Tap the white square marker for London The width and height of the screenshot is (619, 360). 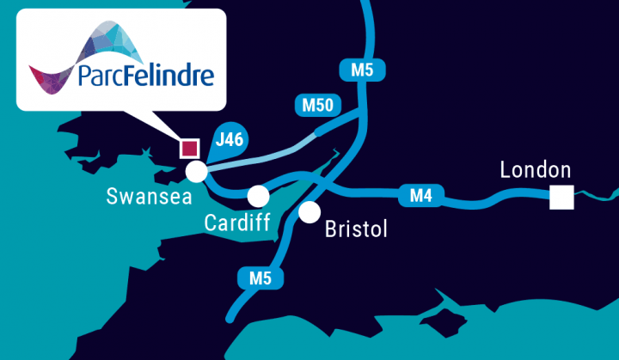pyautogui.click(x=561, y=198)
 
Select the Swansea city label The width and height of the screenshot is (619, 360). pyautogui.click(x=143, y=196)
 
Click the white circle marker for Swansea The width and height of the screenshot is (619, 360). pyautogui.click(x=196, y=172)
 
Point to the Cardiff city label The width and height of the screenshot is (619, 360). pyautogui.click(x=238, y=223)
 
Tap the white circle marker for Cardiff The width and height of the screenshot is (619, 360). pyautogui.click(x=258, y=195)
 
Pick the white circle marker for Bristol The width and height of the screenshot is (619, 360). pyautogui.click(x=309, y=211)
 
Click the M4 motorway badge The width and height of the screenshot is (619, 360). pyautogui.click(x=420, y=196)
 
